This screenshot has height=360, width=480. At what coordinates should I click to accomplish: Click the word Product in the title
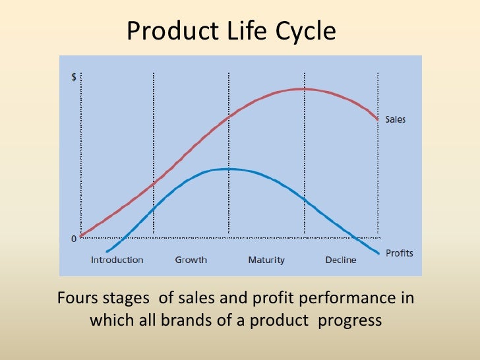pos(164,31)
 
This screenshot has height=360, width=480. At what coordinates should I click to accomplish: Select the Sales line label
pos(396,120)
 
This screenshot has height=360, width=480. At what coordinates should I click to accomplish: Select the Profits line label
pos(399,253)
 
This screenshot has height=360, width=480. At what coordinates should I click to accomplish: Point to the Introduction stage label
pos(117,260)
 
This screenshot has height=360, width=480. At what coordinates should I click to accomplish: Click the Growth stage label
pos(191,260)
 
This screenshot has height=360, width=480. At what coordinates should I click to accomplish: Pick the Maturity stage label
pos(266,260)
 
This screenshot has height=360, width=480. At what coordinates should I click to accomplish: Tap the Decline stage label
pos(340,260)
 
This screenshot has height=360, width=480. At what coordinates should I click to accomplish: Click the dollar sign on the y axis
pos(73,77)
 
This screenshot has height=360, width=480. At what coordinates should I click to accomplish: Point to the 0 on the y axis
pos(74,239)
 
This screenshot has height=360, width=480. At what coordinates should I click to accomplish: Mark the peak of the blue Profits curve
pos(227,169)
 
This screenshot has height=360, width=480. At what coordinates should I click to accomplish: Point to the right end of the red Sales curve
pos(378,119)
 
